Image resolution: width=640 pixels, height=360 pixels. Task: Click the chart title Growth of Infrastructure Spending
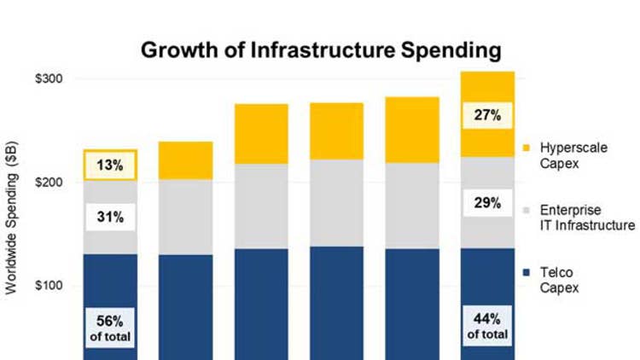[320, 50]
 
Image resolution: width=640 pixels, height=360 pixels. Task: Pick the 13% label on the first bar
[110, 165]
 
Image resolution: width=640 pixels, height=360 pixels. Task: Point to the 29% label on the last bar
[487, 205]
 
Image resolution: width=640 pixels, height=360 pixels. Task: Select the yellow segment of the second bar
[185, 160]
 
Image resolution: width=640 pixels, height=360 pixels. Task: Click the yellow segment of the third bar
[261, 134]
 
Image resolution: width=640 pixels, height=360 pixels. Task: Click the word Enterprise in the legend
[566, 210]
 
